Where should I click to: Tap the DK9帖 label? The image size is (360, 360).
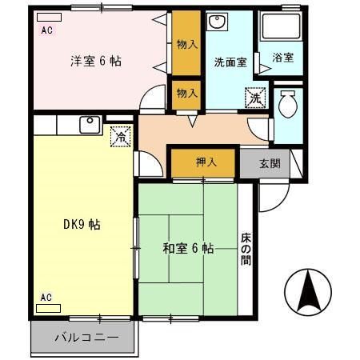(82, 225)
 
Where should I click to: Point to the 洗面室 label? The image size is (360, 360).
(230, 62)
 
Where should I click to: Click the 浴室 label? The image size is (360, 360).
(283, 58)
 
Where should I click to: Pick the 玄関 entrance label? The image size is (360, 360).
(270, 164)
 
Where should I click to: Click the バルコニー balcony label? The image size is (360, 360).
(86, 338)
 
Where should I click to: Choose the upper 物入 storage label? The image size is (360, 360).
(187, 44)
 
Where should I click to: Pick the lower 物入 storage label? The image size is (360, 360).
(186, 93)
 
